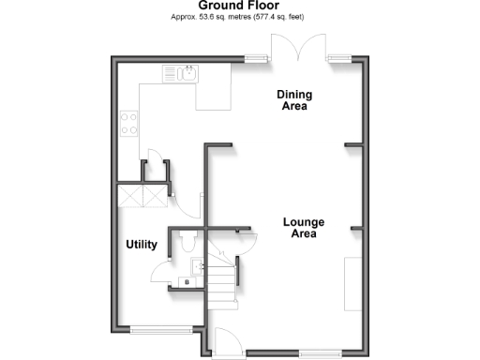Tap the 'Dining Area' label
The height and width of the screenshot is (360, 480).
tap(294, 99)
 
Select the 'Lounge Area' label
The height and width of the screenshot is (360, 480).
tap(304, 228)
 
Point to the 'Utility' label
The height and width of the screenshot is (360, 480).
tap(142, 245)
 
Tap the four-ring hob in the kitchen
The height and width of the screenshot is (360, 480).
tap(128, 124)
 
